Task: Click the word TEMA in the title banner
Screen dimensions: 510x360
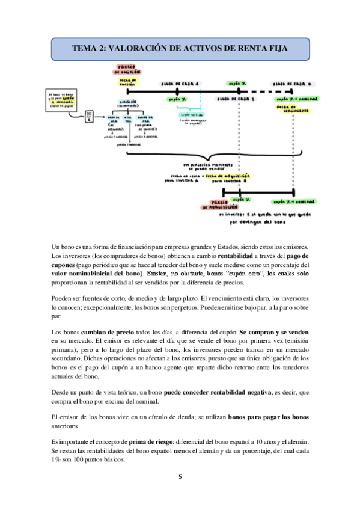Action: (x=87, y=47)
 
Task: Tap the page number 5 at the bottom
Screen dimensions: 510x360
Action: (x=180, y=476)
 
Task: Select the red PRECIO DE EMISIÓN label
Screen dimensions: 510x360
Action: (x=127, y=68)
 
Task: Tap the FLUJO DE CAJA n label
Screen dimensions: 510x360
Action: (x=293, y=84)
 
